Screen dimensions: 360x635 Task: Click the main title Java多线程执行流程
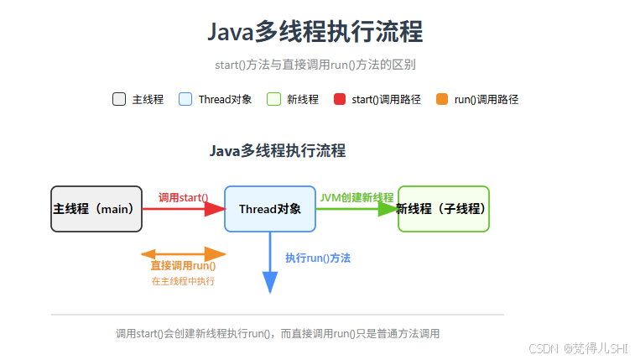(315, 32)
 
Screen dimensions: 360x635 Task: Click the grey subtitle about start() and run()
(315, 65)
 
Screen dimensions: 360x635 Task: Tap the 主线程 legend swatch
(119, 99)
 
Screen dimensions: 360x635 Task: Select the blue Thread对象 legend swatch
(185, 99)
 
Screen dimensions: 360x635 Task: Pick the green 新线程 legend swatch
(273, 99)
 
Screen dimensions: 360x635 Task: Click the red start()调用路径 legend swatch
(339, 99)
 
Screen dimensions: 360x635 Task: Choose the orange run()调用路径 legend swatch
(442, 99)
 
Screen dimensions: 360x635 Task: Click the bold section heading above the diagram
(277, 151)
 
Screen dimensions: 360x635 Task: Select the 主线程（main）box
(96, 208)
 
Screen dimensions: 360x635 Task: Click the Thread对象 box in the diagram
(269, 208)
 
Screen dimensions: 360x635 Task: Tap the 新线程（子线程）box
(443, 208)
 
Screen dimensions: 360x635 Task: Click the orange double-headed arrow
(184, 253)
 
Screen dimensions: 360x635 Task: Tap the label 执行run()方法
(318, 258)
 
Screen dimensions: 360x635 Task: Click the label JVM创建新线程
(357, 197)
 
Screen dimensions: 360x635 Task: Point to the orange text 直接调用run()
(183, 267)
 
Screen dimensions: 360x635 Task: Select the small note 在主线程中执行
(183, 281)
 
